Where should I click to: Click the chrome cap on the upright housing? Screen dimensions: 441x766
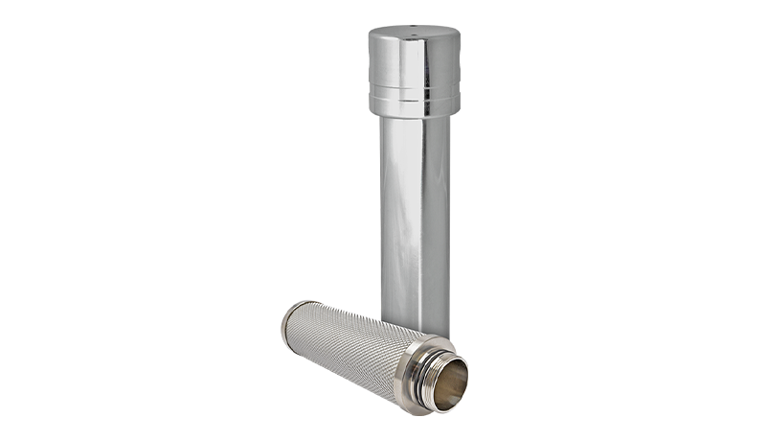(x=415, y=67)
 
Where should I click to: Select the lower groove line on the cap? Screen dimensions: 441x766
(x=415, y=103)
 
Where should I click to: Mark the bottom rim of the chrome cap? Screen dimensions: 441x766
(x=415, y=113)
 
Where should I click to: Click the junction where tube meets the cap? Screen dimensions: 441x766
(x=415, y=120)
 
